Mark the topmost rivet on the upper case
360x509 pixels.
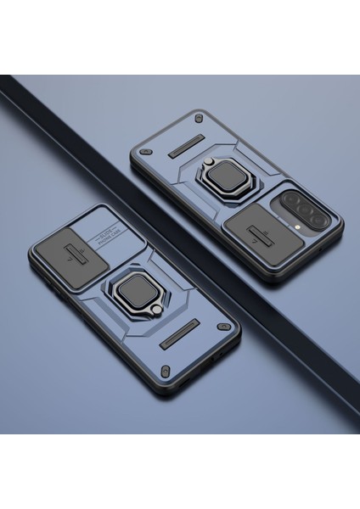click(x=199, y=116)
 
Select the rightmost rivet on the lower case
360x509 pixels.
click(x=223, y=327)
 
